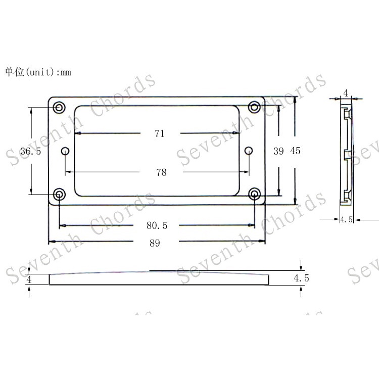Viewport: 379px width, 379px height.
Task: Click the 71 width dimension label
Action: (160, 133)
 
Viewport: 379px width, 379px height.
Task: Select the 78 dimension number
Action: (161, 172)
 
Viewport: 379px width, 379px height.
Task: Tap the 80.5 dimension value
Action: (157, 225)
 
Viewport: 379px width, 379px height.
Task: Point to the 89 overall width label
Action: (155, 243)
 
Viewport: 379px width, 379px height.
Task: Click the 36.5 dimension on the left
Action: (31, 151)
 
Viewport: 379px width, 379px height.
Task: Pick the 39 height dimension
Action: (278, 151)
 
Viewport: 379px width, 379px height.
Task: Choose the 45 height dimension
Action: (295, 151)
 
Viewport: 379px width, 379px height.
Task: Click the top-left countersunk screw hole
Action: (59, 107)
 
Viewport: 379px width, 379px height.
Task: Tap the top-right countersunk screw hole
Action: (254, 107)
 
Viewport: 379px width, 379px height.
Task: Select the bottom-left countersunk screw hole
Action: (59, 194)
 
